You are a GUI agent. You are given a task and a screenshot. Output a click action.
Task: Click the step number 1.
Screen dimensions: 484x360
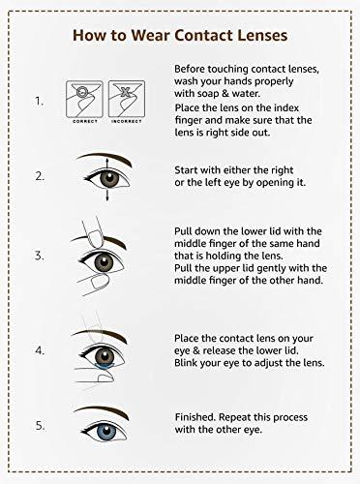(40, 100)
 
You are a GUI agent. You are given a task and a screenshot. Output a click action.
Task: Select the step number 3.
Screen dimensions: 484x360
(40, 256)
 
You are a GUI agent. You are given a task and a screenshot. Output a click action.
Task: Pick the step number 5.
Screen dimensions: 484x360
(40, 424)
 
